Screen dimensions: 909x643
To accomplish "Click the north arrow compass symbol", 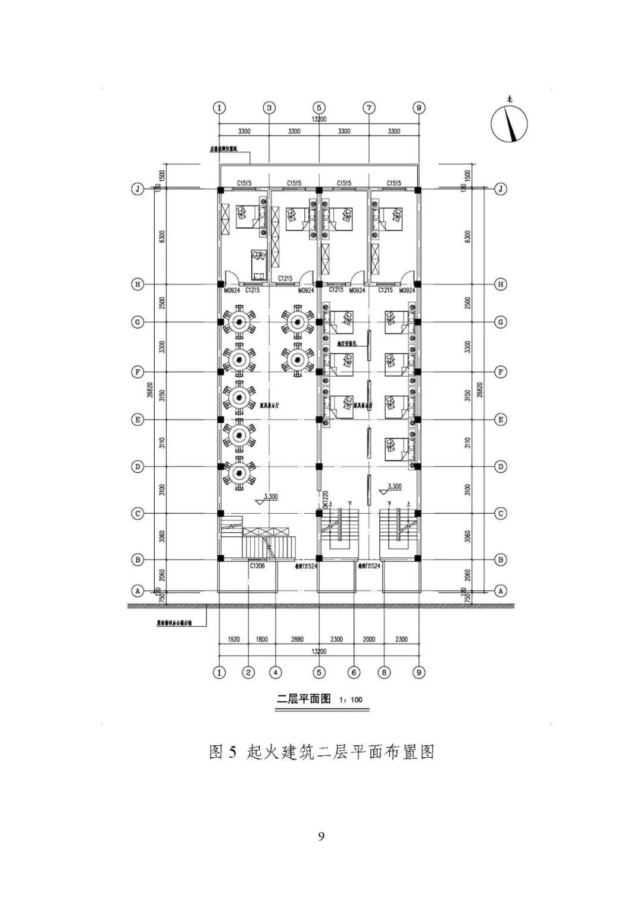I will coord(509,124).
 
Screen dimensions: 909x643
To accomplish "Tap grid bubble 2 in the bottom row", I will coord(248,673).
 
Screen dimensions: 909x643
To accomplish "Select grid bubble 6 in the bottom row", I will coord(354,673).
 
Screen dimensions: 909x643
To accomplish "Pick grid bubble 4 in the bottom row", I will coord(275,673).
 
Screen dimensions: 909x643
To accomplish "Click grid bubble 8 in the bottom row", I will coord(385,673).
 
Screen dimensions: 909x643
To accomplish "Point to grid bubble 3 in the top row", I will coord(270,108).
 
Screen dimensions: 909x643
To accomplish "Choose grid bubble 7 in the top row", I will coord(369,108).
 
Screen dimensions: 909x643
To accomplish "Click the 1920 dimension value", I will coord(234,639).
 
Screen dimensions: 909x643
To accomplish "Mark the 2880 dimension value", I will coord(297,639).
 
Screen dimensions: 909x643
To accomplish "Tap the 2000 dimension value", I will coord(369,639).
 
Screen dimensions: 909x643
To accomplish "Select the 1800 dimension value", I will coord(261,639).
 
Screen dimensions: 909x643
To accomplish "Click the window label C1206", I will coord(257,566).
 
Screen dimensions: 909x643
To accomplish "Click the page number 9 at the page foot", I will coord(321,836).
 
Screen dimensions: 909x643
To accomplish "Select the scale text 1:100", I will coord(351,699).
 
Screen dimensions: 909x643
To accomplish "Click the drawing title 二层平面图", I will coord(304,699).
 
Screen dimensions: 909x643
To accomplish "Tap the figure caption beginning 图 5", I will coord(321,752).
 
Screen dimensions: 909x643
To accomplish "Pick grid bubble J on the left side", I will coord(138,189).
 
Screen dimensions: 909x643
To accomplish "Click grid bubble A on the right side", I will coord(501,591).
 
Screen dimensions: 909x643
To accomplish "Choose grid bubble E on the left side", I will coord(138,420).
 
